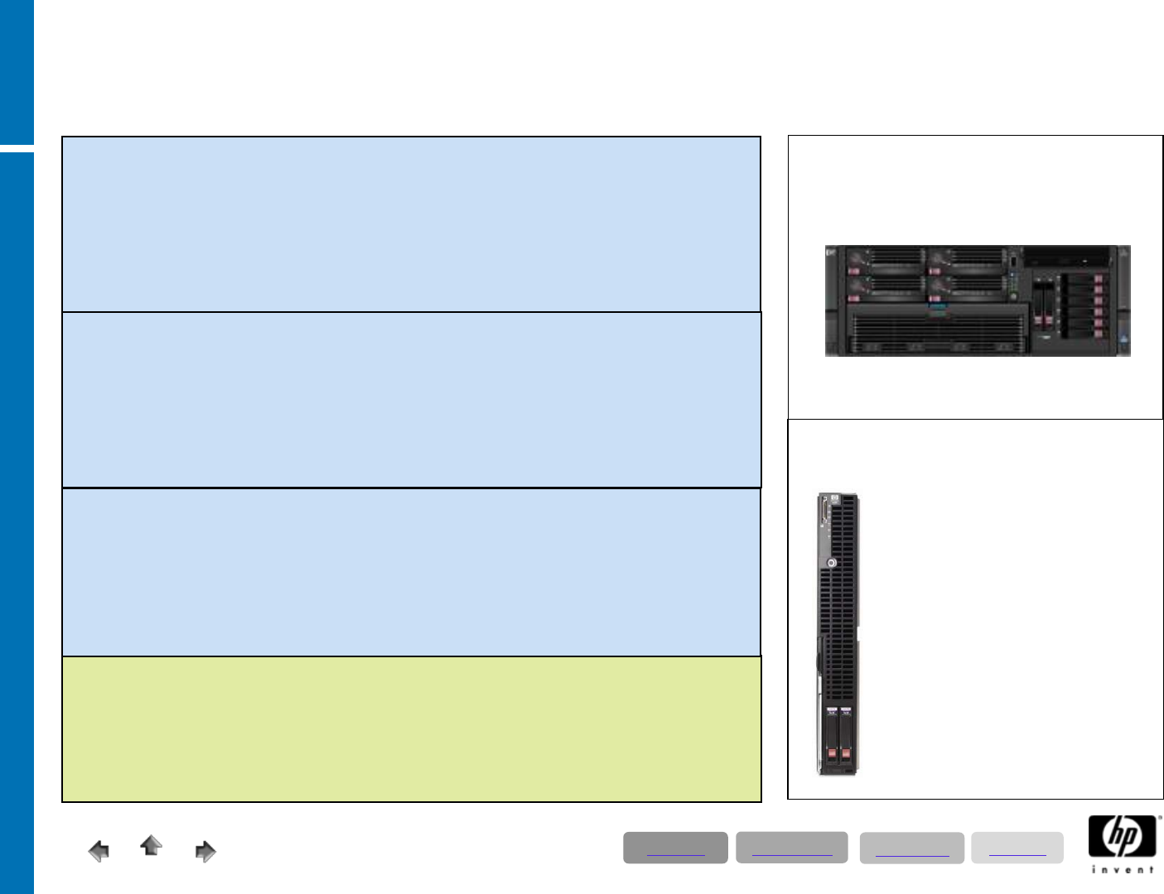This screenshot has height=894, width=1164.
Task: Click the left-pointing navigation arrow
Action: (99, 851)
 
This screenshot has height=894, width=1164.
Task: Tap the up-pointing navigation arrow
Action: (151, 845)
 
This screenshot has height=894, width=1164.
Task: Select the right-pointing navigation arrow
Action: (205, 851)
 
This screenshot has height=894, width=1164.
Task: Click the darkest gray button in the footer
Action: (675, 848)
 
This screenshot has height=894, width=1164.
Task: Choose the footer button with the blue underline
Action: (911, 848)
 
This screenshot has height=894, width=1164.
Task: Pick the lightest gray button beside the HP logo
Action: (1017, 848)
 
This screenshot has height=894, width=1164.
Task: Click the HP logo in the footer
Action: (1123, 837)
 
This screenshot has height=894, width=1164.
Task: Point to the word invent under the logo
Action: (1123, 869)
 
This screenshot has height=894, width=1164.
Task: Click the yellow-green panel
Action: (412, 729)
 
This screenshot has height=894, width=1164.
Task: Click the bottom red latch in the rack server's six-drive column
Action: (1099, 334)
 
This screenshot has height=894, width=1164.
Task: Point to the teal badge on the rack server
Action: (937, 308)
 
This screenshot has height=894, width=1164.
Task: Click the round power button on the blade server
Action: (832, 563)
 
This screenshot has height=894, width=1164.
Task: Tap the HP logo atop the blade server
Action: (835, 499)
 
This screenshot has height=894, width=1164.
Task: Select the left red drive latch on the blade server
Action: (832, 754)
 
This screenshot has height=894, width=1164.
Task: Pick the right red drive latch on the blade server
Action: (846, 754)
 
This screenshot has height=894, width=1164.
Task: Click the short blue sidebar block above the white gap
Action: (17, 71)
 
